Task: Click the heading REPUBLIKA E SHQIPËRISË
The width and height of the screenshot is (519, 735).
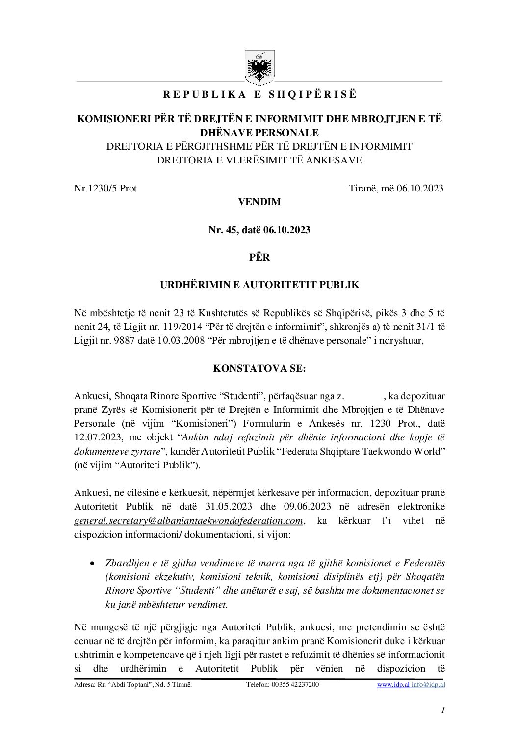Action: (x=260, y=95)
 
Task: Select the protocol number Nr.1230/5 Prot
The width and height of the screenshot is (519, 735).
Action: (x=105, y=188)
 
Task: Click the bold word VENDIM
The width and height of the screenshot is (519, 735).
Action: (x=259, y=202)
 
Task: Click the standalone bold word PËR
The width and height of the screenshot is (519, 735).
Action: (x=259, y=257)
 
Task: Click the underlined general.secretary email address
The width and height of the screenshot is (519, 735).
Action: (x=189, y=520)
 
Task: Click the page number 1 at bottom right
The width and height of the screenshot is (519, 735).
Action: (x=442, y=710)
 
